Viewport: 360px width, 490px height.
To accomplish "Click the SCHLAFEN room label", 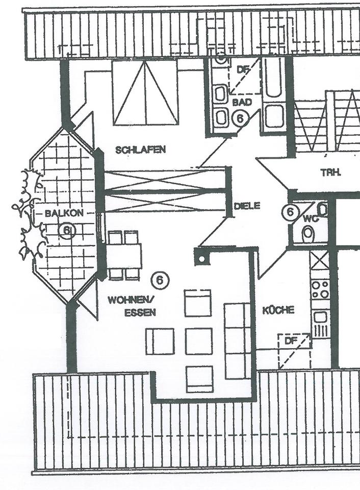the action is click(x=140, y=150).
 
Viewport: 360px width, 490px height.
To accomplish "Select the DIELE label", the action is click(x=247, y=206).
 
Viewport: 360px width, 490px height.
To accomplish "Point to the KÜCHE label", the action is click(x=278, y=310).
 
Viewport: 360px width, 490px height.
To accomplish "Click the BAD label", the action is click(x=242, y=102).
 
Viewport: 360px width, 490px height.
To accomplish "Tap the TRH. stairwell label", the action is click(x=331, y=173).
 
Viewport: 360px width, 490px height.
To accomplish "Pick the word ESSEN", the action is click(x=140, y=312).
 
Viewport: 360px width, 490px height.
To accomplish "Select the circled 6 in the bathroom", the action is click(x=239, y=118).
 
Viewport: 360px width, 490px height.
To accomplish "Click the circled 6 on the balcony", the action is click(x=66, y=231).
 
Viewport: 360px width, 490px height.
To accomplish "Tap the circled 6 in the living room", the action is click(x=160, y=280).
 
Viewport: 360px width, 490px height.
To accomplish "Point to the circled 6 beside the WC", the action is click(x=290, y=212).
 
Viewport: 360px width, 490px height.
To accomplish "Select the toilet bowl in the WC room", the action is click(x=308, y=234).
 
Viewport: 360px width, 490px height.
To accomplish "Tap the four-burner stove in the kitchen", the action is click(x=320, y=290).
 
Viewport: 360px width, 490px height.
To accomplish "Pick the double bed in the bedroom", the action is click(x=145, y=92).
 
